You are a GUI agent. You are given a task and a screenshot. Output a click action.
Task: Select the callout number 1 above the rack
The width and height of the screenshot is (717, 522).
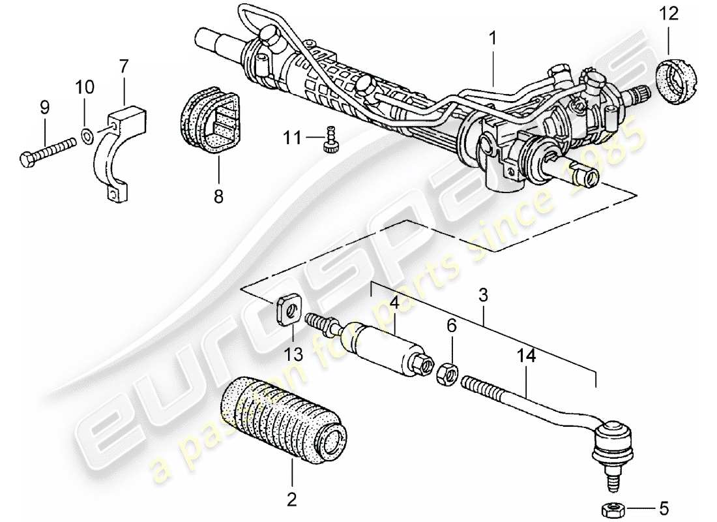pos(493,39)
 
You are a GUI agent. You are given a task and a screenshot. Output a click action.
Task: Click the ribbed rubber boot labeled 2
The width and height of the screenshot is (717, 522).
pos(282,418)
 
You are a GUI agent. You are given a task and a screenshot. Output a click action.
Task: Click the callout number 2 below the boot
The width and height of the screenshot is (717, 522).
pos(291,500)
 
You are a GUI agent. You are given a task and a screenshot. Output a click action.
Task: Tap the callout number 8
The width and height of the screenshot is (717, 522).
pos(218,195)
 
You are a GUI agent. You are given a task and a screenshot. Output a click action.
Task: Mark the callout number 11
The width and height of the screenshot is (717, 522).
pos(293,138)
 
